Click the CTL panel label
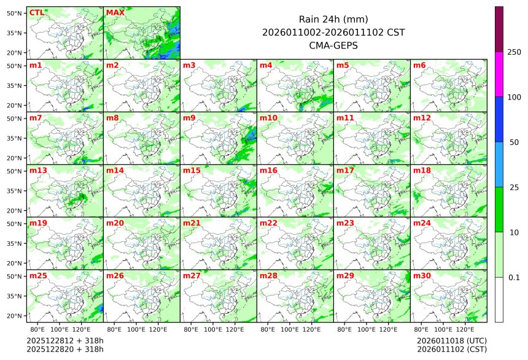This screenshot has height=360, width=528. [37, 13]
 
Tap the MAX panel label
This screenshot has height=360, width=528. [115, 13]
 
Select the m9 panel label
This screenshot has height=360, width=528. [189, 118]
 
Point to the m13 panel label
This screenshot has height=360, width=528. [37, 171]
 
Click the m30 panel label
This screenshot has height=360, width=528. [421, 276]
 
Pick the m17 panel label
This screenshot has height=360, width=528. [344, 171]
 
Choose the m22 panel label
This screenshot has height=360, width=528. [268, 224]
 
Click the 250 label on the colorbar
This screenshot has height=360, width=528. [514, 52]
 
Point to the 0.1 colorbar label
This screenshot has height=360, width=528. [514, 278]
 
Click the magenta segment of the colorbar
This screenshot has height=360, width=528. [499, 74]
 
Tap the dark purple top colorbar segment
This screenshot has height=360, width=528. [499, 29]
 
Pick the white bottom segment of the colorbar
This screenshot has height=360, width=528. [499, 300]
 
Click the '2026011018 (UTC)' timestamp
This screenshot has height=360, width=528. [451, 340]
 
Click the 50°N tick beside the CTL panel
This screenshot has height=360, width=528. [15, 13]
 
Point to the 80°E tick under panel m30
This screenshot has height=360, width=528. [421, 330]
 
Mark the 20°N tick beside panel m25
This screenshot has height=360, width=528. [15, 316]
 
